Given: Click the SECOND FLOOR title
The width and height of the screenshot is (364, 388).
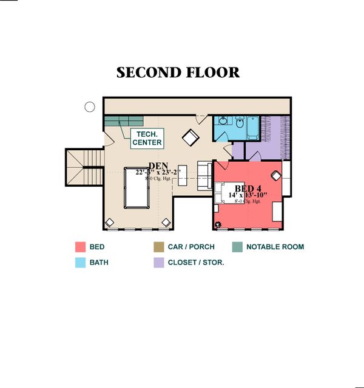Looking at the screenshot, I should (178, 73).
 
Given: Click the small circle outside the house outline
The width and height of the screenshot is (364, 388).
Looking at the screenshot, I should (90, 108).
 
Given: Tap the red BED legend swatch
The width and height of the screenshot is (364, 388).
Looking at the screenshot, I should (80, 247).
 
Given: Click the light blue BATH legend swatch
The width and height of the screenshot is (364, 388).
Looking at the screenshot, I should (80, 263).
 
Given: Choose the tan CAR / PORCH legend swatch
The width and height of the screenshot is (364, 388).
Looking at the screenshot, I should (158, 247).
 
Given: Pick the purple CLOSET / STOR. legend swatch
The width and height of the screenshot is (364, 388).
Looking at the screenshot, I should (158, 263).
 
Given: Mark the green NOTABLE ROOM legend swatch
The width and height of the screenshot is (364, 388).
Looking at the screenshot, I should (237, 247).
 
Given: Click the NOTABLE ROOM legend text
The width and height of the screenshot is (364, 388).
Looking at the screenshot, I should (275, 247).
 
